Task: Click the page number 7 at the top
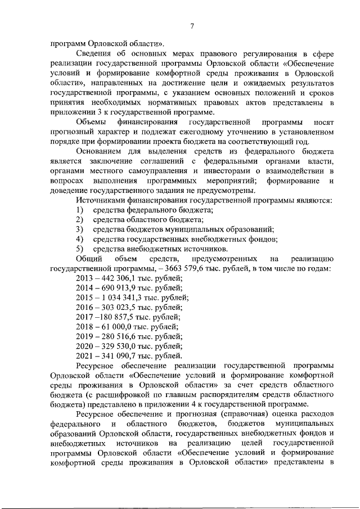[x=192, y=26]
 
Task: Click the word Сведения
[x=94, y=54]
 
